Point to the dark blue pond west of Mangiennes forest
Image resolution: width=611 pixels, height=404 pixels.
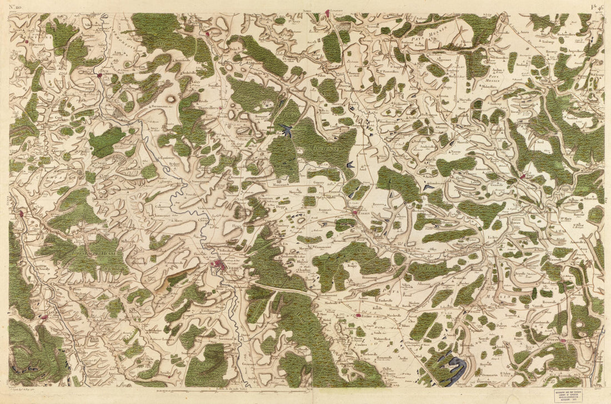288,131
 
